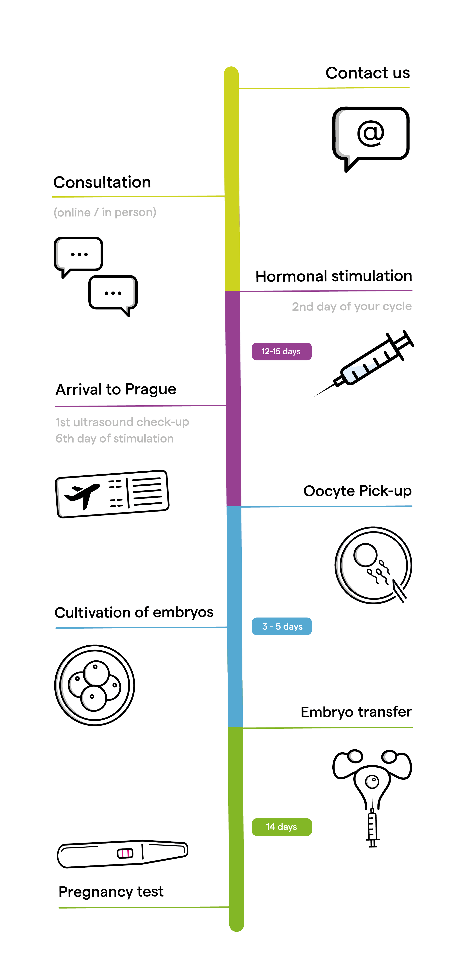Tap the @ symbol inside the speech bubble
tap(371, 133)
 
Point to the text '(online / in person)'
tap(105, 212)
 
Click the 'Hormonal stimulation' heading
tap(333, 276)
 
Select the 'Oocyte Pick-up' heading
tap(357, 491)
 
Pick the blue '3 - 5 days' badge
tap(282, 626)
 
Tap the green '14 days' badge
tap(282, 827)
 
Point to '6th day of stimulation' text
tap(114, 438)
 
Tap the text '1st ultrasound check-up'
tap(122, 422)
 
